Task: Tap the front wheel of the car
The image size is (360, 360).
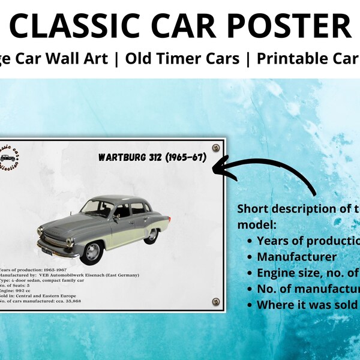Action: (92, 251)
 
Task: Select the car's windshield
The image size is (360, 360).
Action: (97, 208)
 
